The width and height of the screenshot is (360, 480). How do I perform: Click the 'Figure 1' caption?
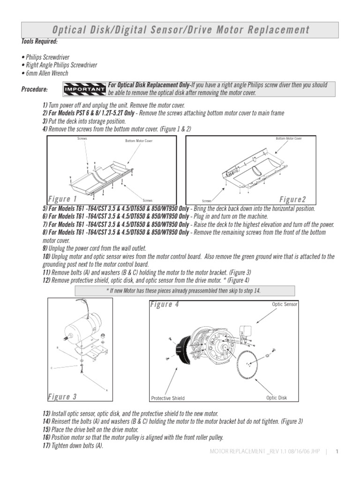[x=63, y=199]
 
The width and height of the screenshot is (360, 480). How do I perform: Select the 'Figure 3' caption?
[x=62, y=397]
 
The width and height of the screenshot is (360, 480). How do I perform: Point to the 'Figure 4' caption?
[x=164, y=305]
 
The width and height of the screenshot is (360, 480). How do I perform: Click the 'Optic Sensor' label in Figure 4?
[x=285, y=304]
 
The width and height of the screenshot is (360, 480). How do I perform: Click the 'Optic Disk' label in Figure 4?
[x=277, y=397]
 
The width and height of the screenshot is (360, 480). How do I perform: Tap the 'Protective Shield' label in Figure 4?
[x=168, y=398]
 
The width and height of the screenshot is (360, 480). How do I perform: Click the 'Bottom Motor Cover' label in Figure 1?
[x=138, y=141]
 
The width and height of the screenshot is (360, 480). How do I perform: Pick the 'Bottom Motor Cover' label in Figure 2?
[x=289, y=139]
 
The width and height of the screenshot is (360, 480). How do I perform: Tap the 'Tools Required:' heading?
[x=39, y=42]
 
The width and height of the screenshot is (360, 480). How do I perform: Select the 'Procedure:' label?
[x=34, y=90]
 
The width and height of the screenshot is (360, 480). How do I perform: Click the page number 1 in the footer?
[x=337, y=451]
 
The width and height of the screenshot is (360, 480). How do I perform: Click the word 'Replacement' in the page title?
[x=281, y=30]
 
